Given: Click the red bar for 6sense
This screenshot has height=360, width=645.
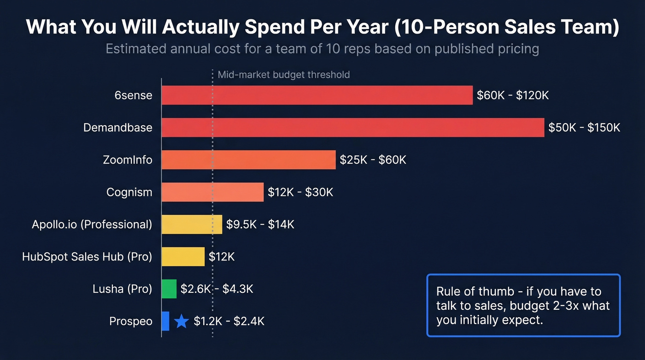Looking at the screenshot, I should click(x=317, y=95).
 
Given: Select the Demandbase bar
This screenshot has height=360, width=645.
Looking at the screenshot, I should click(x=353, y=128).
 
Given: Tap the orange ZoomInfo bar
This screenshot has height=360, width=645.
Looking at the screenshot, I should click(x=248, y=160).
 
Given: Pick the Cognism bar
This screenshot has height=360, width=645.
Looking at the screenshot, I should click(x=212, y=192).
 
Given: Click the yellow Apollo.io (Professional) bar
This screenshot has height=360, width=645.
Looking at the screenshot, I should click(x=192, y=224).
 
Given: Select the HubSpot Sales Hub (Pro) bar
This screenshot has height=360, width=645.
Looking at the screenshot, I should click(x=183, y=257).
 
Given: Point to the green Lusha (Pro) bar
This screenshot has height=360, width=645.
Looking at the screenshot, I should click(x=169, y=289).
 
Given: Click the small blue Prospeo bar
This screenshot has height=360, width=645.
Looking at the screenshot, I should click(x=165, y=321).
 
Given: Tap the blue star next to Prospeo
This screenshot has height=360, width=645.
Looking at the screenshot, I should click(x=182, y=321).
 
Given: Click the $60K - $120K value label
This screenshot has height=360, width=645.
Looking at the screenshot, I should click(x=513, y=95).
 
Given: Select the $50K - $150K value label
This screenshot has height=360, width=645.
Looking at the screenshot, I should click(x=584, y=128).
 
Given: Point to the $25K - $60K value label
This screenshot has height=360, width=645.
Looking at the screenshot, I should click(x=373, y=160).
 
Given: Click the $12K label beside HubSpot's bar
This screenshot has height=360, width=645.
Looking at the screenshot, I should click(x=222, y=257).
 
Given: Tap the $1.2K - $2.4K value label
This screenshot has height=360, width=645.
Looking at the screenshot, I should click(x=229, y=321).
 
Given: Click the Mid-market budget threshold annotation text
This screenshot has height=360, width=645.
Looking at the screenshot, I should click(x=283, y=75).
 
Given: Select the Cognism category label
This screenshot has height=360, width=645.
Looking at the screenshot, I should click(x=129, y=192).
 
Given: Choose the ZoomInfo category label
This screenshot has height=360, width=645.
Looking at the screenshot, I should click(x=127, y=160).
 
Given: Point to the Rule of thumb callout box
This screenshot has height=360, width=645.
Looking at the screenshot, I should click(x=523, y=305).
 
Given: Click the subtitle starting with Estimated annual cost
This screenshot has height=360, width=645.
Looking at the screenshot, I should click(x=322, y=49).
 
